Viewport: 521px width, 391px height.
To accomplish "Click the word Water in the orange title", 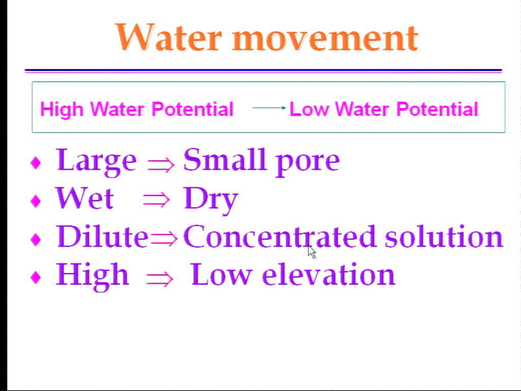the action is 168,37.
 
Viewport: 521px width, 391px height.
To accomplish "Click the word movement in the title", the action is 325,39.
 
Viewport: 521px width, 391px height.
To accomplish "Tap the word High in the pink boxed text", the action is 62,109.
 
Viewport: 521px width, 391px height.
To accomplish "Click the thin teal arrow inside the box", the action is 269,108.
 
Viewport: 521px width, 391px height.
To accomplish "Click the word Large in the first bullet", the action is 96,161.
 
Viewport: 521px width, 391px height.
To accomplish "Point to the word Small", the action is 225,159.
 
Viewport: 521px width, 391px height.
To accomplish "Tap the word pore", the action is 308,162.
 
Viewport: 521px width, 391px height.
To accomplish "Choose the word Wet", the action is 84,198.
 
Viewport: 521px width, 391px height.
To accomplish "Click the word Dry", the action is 211,200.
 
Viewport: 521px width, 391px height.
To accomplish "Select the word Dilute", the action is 102,236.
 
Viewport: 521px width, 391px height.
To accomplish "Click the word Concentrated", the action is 279,236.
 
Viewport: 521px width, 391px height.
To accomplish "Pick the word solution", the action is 444,236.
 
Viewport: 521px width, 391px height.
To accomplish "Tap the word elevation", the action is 328,274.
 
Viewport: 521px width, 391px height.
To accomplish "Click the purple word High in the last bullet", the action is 92,276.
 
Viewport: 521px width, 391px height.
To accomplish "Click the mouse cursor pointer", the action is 311,252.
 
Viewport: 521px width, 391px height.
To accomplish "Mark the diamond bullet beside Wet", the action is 36,201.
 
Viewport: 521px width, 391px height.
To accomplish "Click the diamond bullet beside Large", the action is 36,162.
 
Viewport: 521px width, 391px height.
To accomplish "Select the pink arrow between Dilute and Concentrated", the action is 164,238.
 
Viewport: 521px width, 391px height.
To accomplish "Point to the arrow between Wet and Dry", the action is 156,200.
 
